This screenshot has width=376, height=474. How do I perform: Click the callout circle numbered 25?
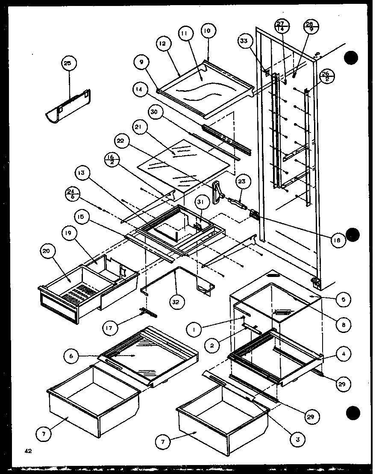68,63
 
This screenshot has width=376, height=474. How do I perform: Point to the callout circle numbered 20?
47,252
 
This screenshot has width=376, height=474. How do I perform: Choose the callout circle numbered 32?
176,301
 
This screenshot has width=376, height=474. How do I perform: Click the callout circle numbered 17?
110,329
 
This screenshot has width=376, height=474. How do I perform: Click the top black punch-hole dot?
351,58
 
